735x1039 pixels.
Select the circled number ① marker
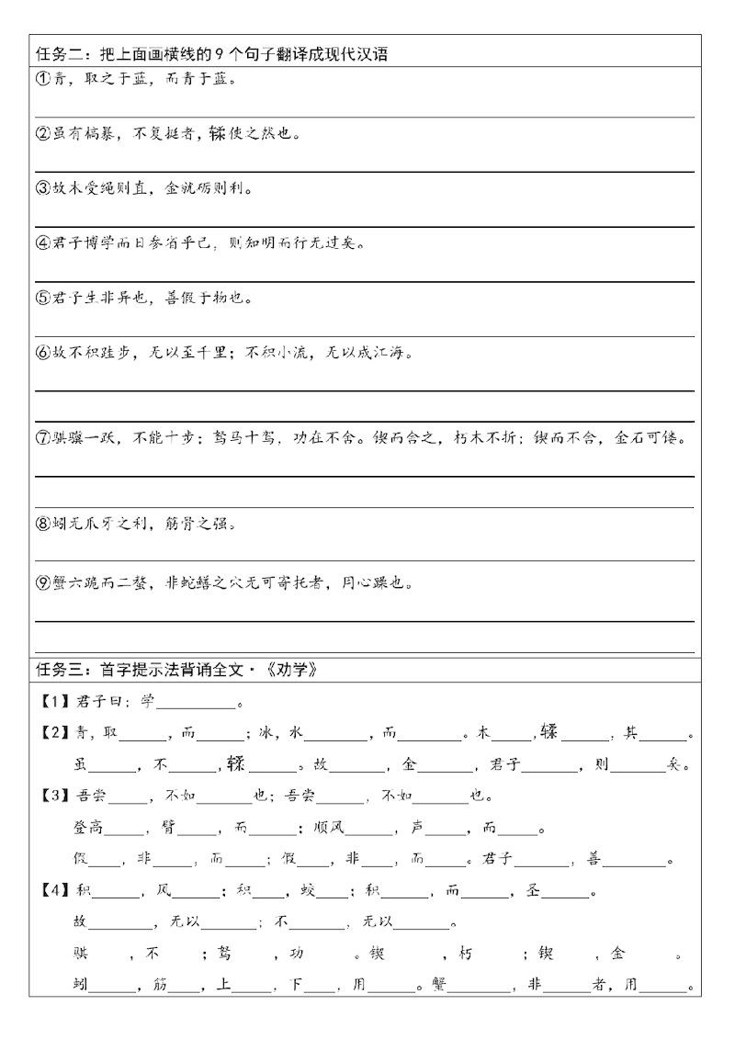[x=41, y=79]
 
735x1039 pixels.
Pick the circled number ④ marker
[x=41, y=243]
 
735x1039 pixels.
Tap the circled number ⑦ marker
[x=41, y=438]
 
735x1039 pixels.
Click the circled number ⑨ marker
[x=41, y=582]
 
